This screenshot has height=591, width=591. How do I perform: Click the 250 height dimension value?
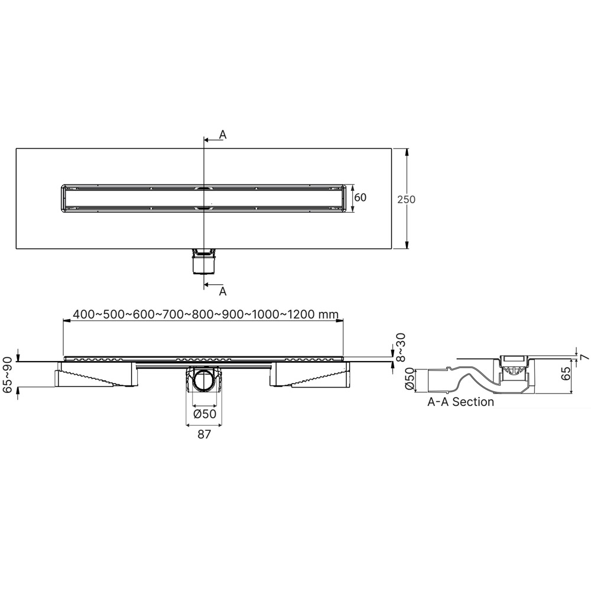coord(406,199)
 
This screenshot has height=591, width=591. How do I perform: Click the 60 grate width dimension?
coord(361,197)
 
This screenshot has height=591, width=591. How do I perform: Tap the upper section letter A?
coord(223,135)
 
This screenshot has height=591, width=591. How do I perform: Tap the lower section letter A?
coord(223,291)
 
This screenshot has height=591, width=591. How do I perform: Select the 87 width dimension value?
coord(204,434)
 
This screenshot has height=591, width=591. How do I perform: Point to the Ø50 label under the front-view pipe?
coord(204,414)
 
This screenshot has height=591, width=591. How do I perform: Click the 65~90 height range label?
coord(8,375)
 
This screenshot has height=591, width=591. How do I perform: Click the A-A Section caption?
coord(460,402)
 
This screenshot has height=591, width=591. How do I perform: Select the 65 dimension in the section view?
coord(566,374)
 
